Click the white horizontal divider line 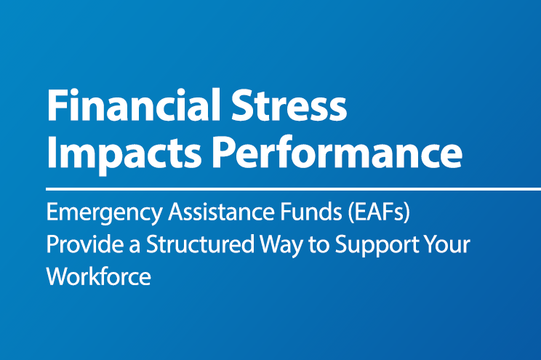point(291,188)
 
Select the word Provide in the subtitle point(77,245)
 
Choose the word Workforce point(98,276)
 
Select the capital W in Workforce point(57,276)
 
